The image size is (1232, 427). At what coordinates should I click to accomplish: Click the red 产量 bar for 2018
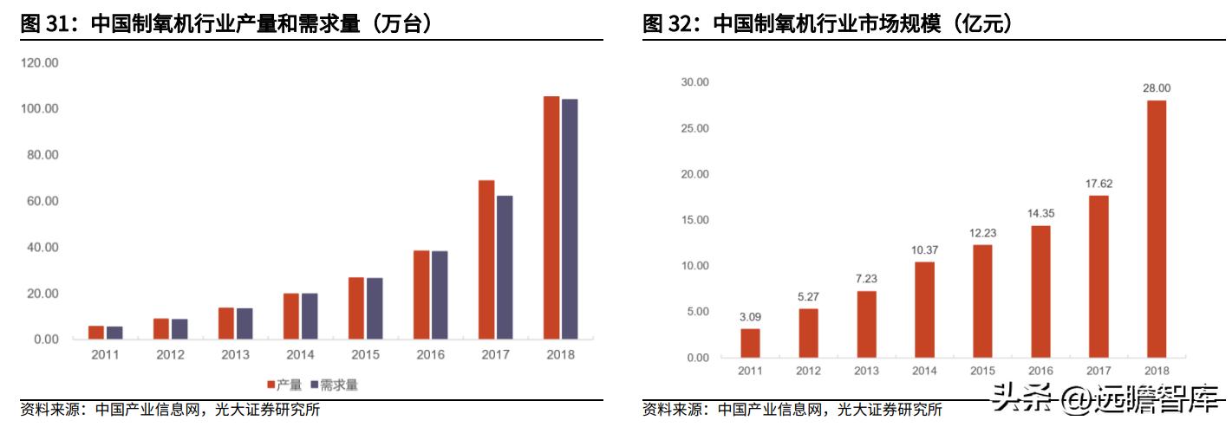point(551,217)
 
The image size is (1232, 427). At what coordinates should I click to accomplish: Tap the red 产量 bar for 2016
point(421,294)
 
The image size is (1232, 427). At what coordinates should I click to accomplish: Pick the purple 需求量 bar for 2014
point(310,316)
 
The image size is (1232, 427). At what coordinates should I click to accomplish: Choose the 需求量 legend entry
point(334,385)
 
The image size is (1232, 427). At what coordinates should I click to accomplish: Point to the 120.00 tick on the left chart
point(40,63)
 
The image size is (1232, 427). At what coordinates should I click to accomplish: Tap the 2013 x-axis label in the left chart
point(235,355)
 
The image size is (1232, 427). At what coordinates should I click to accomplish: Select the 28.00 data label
point(1156,87)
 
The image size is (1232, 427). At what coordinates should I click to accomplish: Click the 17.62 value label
point(1098,183)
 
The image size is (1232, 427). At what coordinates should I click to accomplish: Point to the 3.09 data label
point(750,316)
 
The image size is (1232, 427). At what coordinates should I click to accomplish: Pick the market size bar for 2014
point(924,309)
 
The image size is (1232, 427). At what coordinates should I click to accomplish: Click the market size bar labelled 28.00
point(1156,229)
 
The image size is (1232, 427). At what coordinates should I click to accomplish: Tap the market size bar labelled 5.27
point(808,333)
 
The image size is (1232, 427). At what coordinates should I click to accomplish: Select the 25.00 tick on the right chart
point(695,128)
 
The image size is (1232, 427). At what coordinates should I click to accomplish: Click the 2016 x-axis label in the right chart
point(1040,371)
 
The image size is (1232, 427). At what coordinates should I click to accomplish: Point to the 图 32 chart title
point(827,24)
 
